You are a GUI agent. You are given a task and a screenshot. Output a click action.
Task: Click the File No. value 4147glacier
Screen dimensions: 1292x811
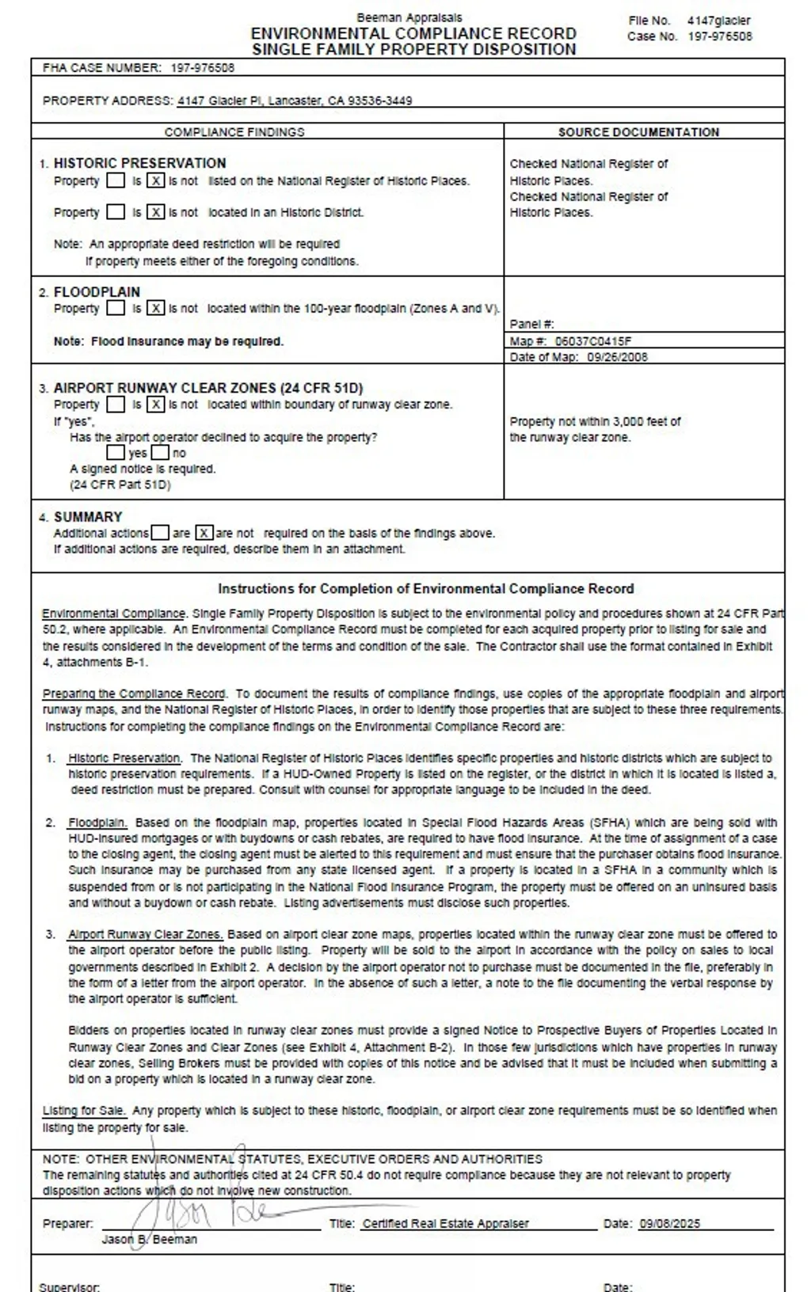coord(718,21)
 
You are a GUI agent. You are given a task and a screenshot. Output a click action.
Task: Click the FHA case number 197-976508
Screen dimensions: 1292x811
coord(202,68)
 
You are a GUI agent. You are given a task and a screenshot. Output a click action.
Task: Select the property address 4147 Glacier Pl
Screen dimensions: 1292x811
coord(294,101)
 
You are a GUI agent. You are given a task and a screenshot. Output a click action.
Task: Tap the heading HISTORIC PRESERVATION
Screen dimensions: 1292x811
coord(139,163)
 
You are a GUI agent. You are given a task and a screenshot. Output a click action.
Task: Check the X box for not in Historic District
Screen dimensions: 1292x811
coord(156,212)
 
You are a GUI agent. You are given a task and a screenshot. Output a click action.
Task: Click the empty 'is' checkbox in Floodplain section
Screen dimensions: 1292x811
coord(116,308)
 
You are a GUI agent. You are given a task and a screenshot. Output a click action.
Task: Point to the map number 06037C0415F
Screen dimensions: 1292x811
coord(593,341)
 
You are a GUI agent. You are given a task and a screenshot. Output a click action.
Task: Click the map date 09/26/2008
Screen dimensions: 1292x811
coord(617,357)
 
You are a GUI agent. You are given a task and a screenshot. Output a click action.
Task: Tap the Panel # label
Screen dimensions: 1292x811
coord(531,324)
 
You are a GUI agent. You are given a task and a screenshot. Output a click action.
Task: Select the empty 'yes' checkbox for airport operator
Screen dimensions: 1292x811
coord(116,453)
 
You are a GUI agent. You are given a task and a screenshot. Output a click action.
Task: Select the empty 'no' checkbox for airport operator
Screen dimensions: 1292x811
coord(160,453)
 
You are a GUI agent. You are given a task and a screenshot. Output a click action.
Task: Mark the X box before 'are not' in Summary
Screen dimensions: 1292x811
coord(204,533)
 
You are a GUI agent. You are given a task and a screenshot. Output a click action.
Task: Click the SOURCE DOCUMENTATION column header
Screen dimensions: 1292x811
coord(638,132)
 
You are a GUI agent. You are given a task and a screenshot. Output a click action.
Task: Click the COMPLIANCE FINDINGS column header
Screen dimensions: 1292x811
coord(234,132)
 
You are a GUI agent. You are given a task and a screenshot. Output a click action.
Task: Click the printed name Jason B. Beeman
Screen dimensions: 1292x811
coord(149,1239)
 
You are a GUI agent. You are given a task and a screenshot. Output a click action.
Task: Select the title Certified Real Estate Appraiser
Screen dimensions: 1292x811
coord(445,1223)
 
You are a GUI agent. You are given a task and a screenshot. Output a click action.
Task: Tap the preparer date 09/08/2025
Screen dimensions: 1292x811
coord(669,1223)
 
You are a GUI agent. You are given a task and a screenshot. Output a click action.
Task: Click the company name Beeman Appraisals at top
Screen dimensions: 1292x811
coord(409,17)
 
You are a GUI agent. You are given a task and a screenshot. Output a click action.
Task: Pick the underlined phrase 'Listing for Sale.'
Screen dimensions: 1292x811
coord(83,1111)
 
